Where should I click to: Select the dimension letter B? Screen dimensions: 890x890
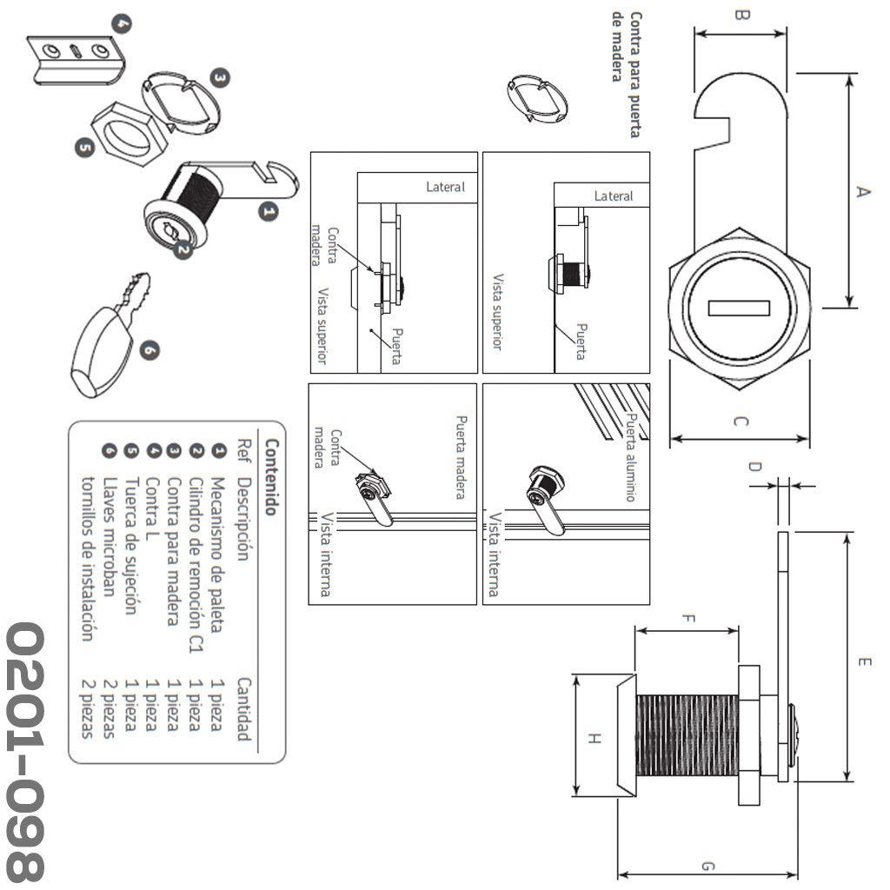pyautogui.click(x=741, y=15)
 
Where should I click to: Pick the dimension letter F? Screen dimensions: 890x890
pyautogui.click(x=687, y=620)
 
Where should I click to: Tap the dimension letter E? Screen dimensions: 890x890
pyautogui.click(x=863, y=663)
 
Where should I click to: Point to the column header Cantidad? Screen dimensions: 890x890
pyautogui.click(x=244, y=709)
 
